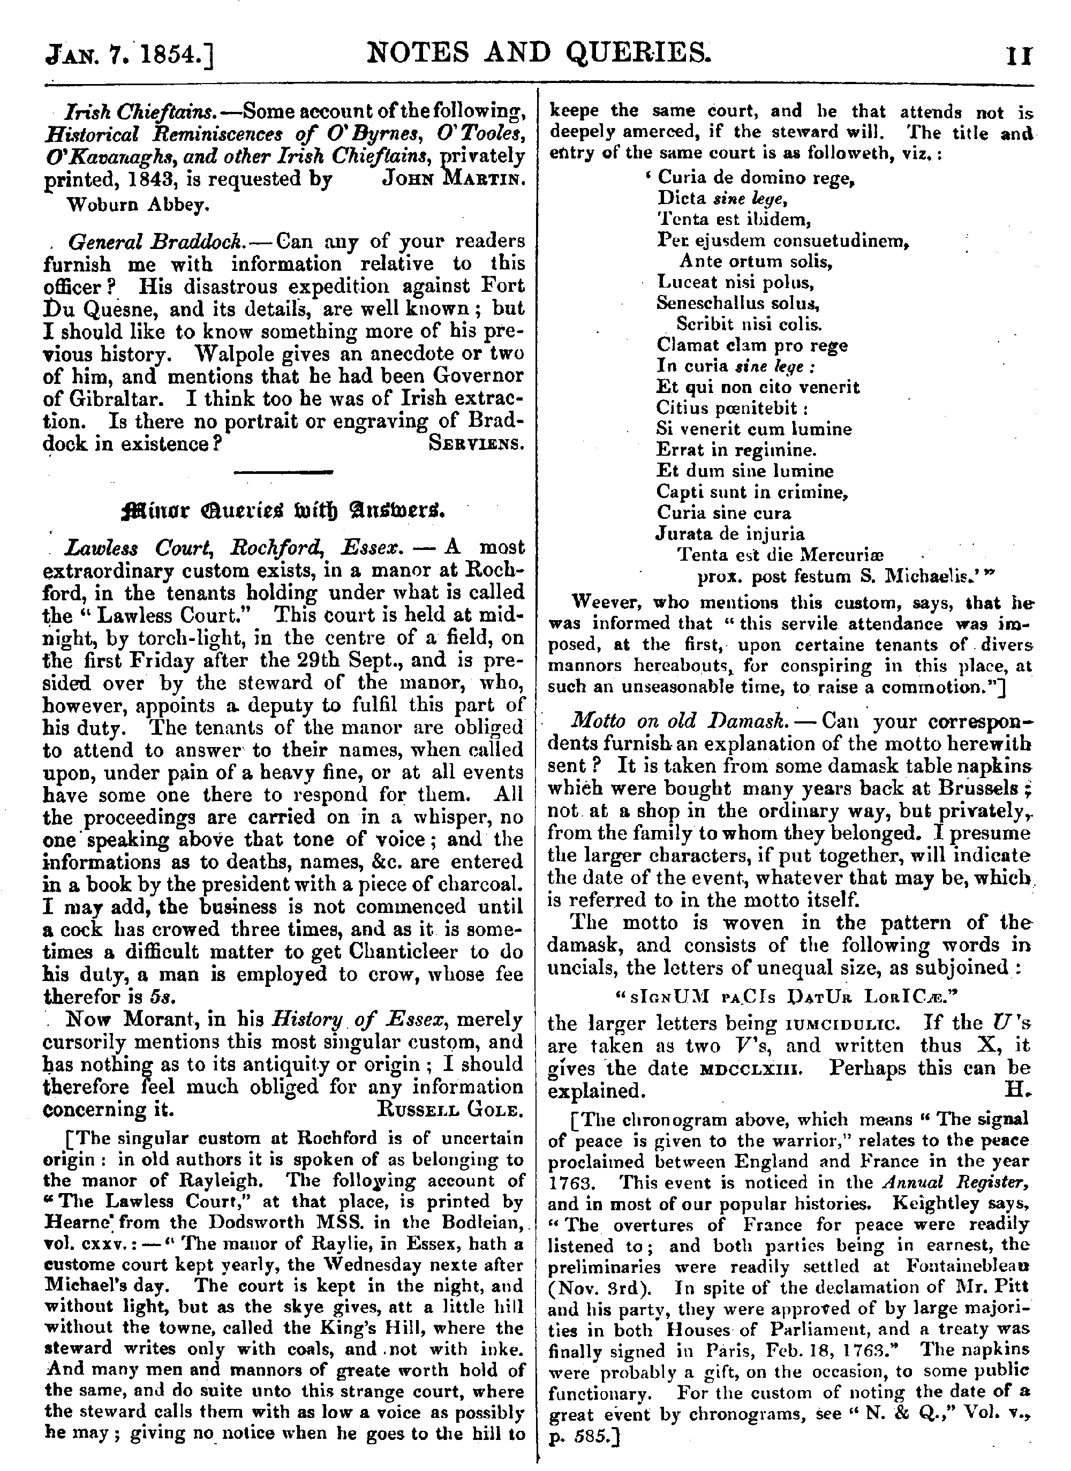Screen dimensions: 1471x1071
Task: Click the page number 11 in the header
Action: (1020, 56)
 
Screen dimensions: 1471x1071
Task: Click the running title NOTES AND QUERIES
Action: (538, 53)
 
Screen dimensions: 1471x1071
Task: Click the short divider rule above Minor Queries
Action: (283, 472)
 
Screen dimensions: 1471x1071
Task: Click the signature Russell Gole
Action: (449, 1110)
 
